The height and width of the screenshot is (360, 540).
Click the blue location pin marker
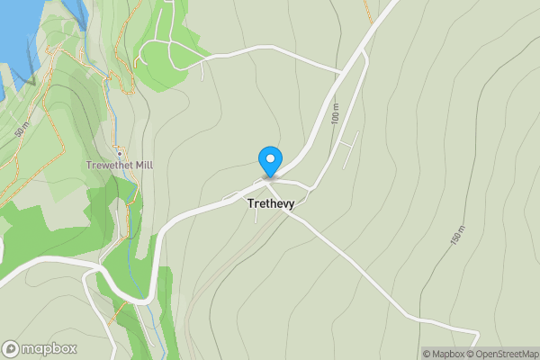pyautogui.click(x=269, y=160)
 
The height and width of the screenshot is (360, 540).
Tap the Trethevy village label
pyautogui.click(x=270, y=204)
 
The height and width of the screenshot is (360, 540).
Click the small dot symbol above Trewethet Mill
pyautogui.click(x=119, y=154)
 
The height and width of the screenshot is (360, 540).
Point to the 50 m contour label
pyautogui.click(x=22, y=129)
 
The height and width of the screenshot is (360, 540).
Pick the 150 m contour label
pyautogui.click(x=456, y=236)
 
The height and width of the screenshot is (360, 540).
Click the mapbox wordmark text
pyautogui.click(x=49, y=349)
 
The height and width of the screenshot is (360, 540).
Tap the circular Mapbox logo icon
pyautogui.click(x=11, y=349)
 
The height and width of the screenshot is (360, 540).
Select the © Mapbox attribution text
pyautogui.click(x=444, y=354)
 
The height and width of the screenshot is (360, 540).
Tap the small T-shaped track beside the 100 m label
pyautogui.click(x=348, y=144)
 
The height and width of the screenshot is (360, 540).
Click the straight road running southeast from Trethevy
pyautogui.click(x=360, y=270)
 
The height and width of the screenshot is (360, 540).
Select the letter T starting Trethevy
pyautogui.click(x=250, y=204)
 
